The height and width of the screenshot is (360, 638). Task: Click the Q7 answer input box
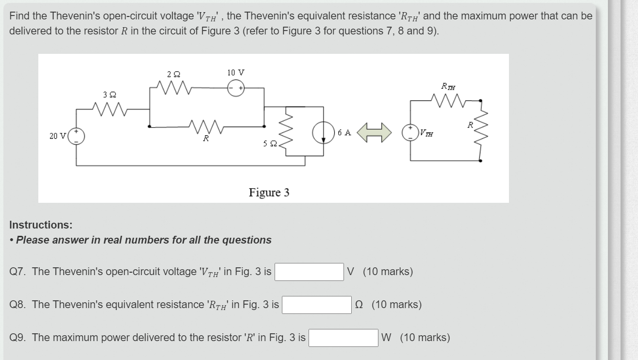pos(310,272)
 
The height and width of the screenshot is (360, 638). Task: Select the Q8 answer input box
pos(317,305)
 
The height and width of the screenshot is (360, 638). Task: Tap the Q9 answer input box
pos(344,338)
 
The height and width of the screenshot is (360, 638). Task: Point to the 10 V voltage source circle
pos(236,88)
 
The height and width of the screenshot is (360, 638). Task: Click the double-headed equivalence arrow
pos(374,132)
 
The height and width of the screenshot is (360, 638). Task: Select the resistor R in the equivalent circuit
pos(480,131)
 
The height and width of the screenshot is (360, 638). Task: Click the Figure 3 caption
pos(269,193)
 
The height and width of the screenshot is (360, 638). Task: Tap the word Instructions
pos(41,225)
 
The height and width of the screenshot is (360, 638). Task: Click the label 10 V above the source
pos(236,72)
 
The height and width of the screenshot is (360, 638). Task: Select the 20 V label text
pos(58,136)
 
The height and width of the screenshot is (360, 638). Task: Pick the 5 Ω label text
pos(270,144)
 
